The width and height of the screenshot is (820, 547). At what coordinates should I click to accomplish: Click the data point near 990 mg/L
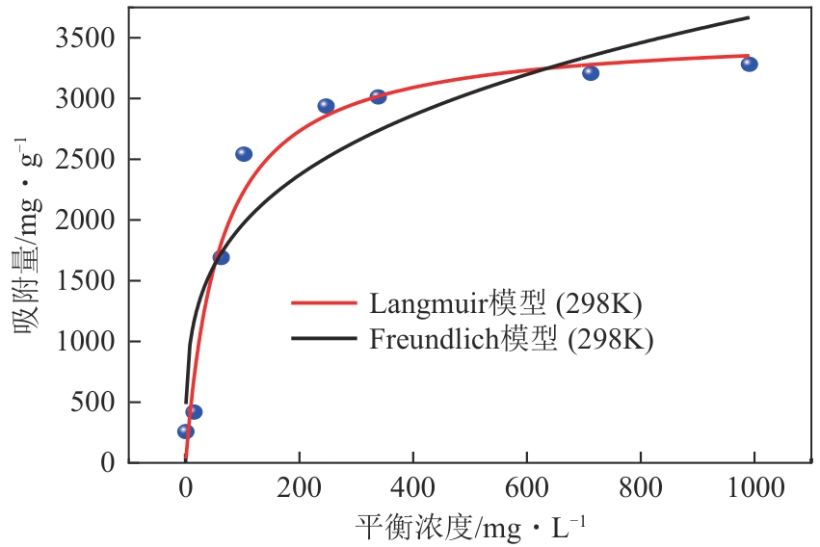pos(749,65)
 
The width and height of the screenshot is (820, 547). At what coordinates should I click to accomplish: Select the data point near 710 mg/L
pos(591,73)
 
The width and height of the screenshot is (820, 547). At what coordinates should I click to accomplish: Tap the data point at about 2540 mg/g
pos(244,154)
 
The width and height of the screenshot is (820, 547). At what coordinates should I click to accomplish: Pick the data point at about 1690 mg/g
pos(221,257)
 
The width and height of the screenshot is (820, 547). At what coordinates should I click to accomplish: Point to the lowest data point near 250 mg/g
pos(185,431)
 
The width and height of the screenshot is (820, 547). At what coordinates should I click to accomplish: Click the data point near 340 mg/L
pos(378,97)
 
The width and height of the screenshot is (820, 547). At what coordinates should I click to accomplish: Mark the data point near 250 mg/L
pos(326,106)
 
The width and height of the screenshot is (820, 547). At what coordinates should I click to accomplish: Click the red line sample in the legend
pos(324,302)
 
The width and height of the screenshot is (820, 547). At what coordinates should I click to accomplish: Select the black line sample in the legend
pos(324,340)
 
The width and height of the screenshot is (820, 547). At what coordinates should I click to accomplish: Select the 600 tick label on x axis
pos(526,489)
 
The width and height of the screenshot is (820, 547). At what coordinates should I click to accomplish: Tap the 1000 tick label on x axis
pos(754,489)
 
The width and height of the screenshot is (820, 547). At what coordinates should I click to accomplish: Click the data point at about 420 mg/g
pos(194,412)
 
